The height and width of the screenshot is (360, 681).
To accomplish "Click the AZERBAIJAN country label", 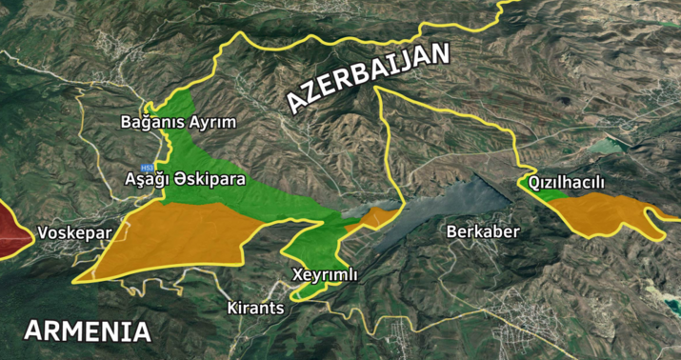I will (367, 77).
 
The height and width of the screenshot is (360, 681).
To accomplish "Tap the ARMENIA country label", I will (88, 331).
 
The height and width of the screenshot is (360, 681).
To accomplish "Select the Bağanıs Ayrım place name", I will (178, 122).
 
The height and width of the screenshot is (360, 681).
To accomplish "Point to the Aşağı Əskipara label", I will (186, 178).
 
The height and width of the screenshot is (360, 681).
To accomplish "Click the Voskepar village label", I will (74, 232).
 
